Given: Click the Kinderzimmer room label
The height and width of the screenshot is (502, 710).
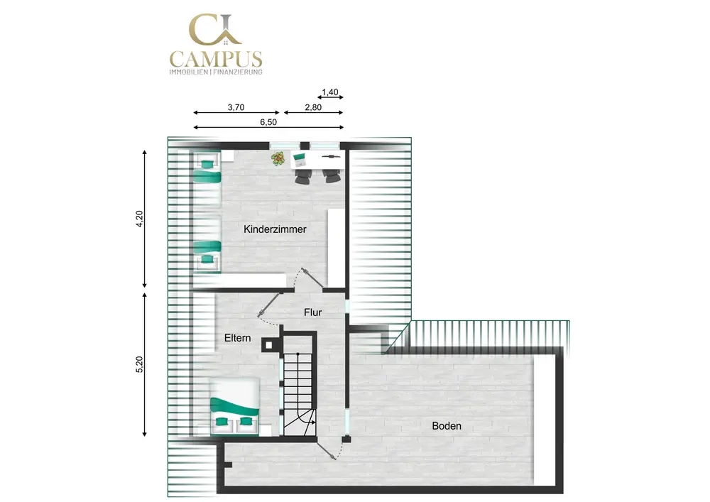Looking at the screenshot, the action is click(x=275, y=229).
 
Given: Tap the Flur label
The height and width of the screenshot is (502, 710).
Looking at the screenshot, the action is click(x=313, y=312).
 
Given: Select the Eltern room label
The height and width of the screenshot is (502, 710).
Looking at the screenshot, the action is click(x=238, y=338).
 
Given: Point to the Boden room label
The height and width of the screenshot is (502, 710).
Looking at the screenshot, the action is click(x=447, y=426).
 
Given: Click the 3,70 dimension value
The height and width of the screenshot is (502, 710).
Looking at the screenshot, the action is click(x=236, y=107).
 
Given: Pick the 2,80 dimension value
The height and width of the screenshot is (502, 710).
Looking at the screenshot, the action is click(x=313, y=107).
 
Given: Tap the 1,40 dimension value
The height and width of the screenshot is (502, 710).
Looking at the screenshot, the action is click(x=330, y=92).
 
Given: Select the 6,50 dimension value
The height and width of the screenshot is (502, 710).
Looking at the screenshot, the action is click(x=268, y=122).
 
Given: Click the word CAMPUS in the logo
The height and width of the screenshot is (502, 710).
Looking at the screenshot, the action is click(x=216, y=60).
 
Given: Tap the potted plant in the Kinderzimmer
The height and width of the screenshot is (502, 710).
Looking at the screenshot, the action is click(x=278, y=158).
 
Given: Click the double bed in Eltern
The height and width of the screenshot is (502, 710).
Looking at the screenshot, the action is click(x=234, y=406).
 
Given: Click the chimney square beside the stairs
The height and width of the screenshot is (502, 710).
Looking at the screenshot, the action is click(x=269, y=345).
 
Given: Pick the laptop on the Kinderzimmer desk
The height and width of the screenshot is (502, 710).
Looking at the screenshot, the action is click(x=300, y=160).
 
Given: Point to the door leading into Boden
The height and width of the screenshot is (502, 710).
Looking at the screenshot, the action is click(x=328, y=451).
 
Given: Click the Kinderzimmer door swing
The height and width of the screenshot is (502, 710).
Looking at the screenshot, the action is click(x=311, y=278).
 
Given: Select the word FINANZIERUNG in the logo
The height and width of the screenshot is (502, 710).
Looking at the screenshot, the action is click(x=238, y=72).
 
